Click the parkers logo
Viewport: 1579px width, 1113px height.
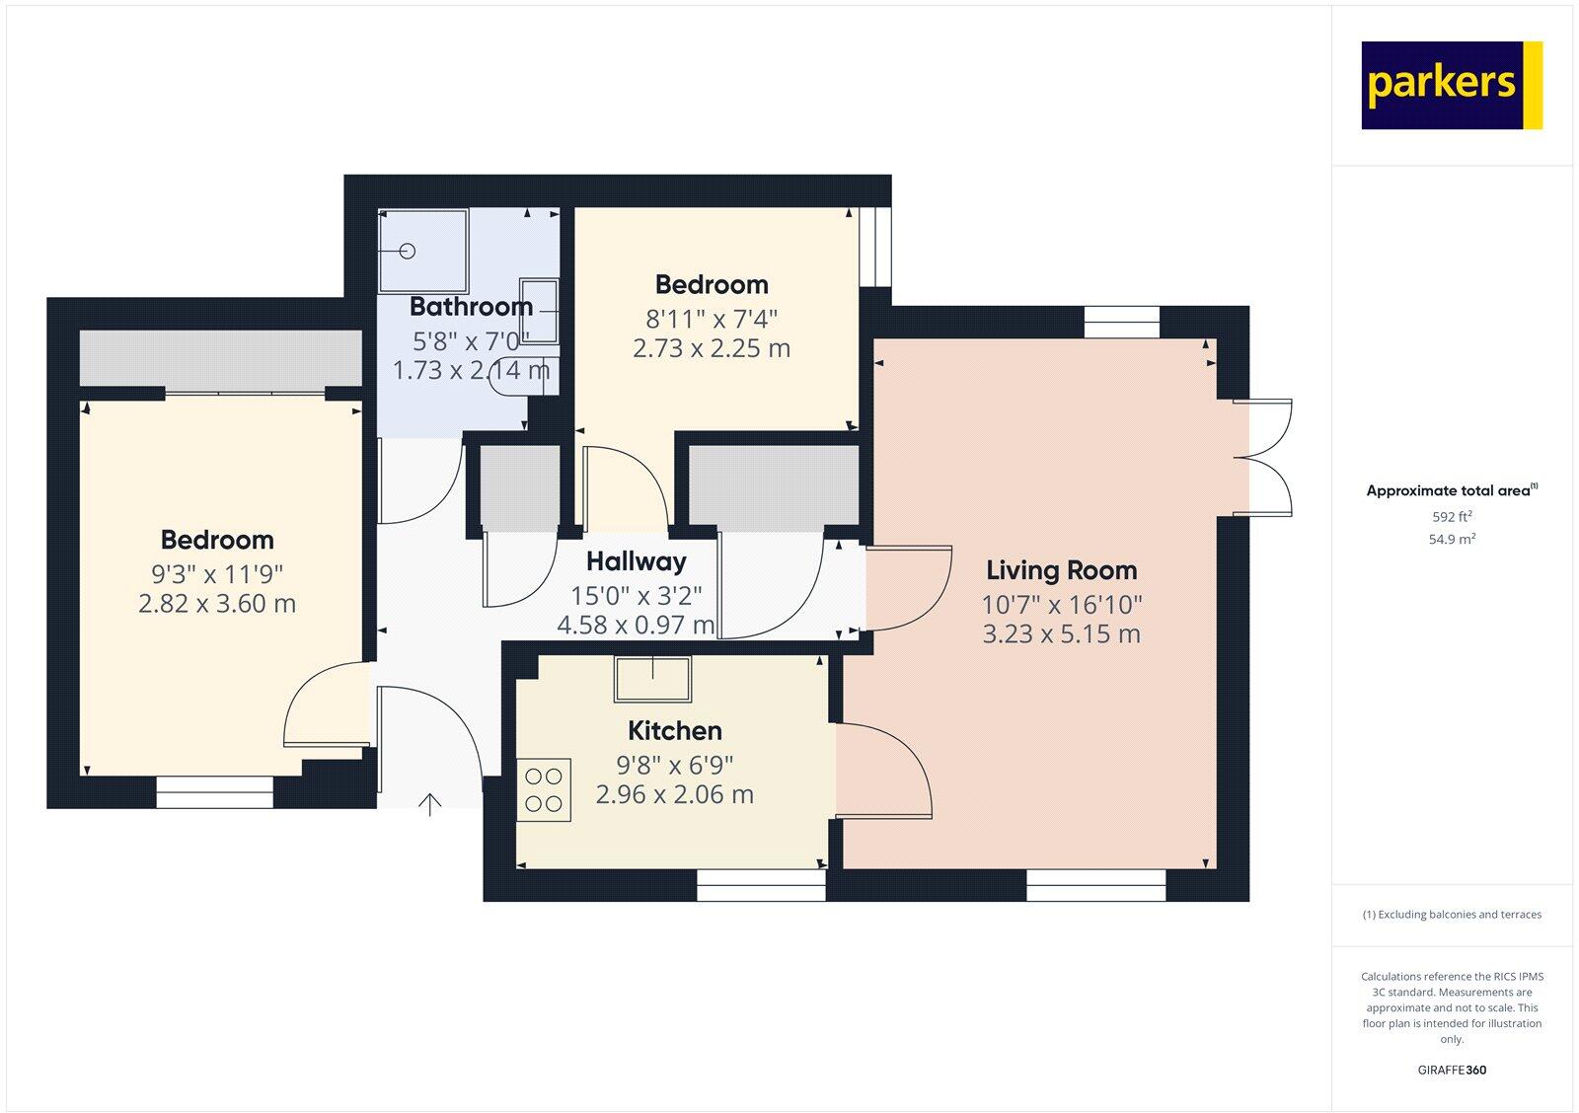tap(1451, 85)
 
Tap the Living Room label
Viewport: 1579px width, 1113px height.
tap(1061, 570)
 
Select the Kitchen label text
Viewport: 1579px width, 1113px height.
tap(675, 731)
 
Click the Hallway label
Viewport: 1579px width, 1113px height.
tap(636, 561)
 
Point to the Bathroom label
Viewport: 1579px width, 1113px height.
tap(471, 307)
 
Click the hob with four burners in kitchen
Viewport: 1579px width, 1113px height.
tap(544, 789)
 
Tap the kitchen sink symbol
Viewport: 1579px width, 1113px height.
tap(652, 678)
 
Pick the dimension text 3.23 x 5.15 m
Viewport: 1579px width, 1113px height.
tap(1061, 633)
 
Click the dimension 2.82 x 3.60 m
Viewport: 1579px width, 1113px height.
tap(217, 603)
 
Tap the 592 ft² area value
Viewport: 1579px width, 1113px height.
tap(1452, 516)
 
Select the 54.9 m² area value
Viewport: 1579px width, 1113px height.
tap(1452, 539)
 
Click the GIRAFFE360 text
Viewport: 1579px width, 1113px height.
tap(1452, 1070)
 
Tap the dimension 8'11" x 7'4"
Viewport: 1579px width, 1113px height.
tap(712, 319)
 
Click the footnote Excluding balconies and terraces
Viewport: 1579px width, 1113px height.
tap(1452, 915)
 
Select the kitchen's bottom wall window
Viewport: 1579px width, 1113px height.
tap(761, 885)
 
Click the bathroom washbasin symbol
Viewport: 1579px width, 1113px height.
tap(539, 312)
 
